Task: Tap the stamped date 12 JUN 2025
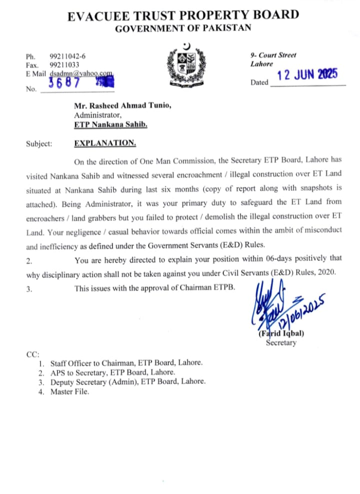[307, 75]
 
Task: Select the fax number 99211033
[64, 65]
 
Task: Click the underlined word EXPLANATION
[105, 143]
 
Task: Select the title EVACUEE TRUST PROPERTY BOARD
[183, 16]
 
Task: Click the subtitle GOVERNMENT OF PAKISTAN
[183, 29]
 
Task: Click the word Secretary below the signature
[281, 343]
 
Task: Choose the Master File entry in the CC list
[69, 391]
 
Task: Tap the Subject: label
[38, 144]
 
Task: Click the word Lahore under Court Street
[262, 64]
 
